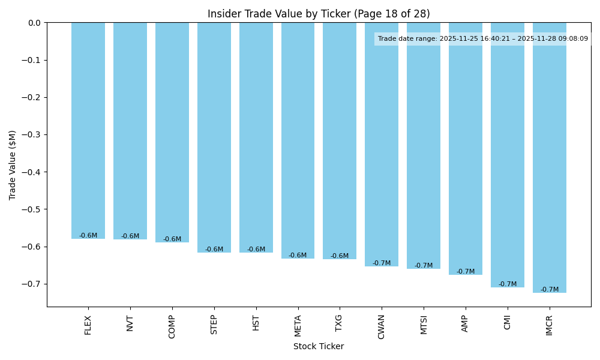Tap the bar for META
click(x=298, y=140)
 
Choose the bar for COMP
click(x=172, y=133)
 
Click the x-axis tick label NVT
click(x=130, y=323)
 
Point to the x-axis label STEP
click(x=214, y=325)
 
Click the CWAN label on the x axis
click(x=382, y=326)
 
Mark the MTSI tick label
click(x=424, y=325)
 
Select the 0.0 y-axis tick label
click(x=35, y=23)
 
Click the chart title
click(x=319, y=14)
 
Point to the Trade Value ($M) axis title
click(x=13, y=164)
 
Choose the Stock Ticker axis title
click(x=319, y=346)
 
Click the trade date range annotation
click(x=483, y=39)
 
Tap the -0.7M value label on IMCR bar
click(x=550, y=290)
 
